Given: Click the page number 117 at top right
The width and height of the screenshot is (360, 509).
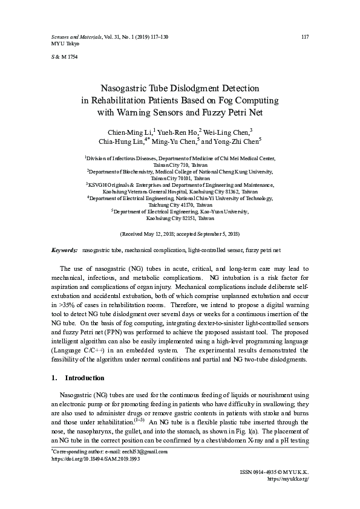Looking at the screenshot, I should click(x=305, y=37).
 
